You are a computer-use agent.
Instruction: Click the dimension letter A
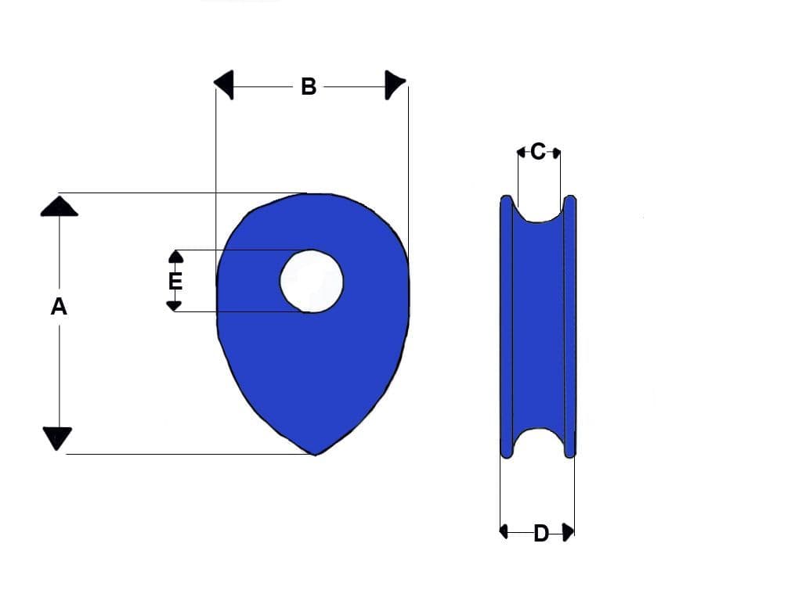point(59,308)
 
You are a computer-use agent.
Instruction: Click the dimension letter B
point(309,86)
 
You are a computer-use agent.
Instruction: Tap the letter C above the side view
point(538,152)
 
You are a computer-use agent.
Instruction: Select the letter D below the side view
point(541,534)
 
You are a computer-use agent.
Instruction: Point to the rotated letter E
point(175,280)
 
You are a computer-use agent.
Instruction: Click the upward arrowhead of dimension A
point(59,206)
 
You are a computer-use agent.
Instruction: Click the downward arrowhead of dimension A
point(57,438)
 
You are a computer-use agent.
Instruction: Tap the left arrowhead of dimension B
point(224,85)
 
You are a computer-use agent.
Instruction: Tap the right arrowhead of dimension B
point(395,85)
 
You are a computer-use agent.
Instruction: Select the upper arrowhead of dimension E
point(176,256)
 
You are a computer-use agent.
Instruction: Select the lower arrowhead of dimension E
point(175,305)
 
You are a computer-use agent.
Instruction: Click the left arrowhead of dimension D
point(504,532)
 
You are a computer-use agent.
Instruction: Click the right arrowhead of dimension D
point(569,532)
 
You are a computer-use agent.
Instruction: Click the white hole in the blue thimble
point(312,280)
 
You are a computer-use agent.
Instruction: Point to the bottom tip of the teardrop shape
point(315,453)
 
